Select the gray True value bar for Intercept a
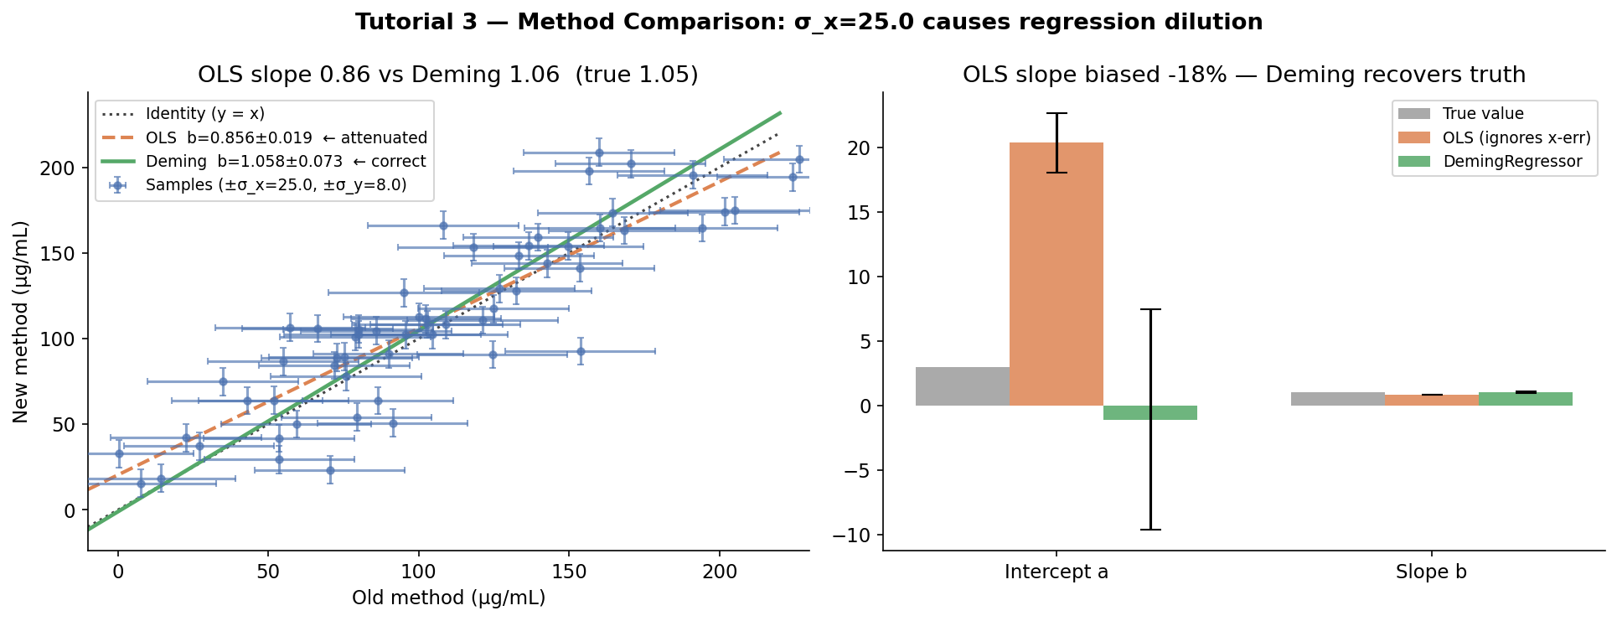pyautogui.click(x=962, y=386)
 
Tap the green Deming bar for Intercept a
pyautogui.click(x=1149, y=412)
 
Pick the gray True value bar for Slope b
pyautogui.click(x=1337, y=399)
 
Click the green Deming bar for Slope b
pyautogui.click(x=1525, y=399)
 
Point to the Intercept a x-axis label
pyautogui.click(x=1056, y=572)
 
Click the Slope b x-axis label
pyautogui.click(x=1431, y=572)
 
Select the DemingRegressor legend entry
pyautogui.click(x=1511, y=162)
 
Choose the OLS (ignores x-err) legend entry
pyautogui.click(x=1516, y=137)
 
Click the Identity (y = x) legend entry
pyautogui.click(x=204, y=114)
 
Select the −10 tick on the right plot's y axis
pyautogui.click(x=858, y=536)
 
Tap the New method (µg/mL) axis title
pyautogui.click(x=21, y=322)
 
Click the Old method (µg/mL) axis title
pyautogui.click(x=448, y=598)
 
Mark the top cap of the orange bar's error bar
pyautogui.click(x=1056, y=113)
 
